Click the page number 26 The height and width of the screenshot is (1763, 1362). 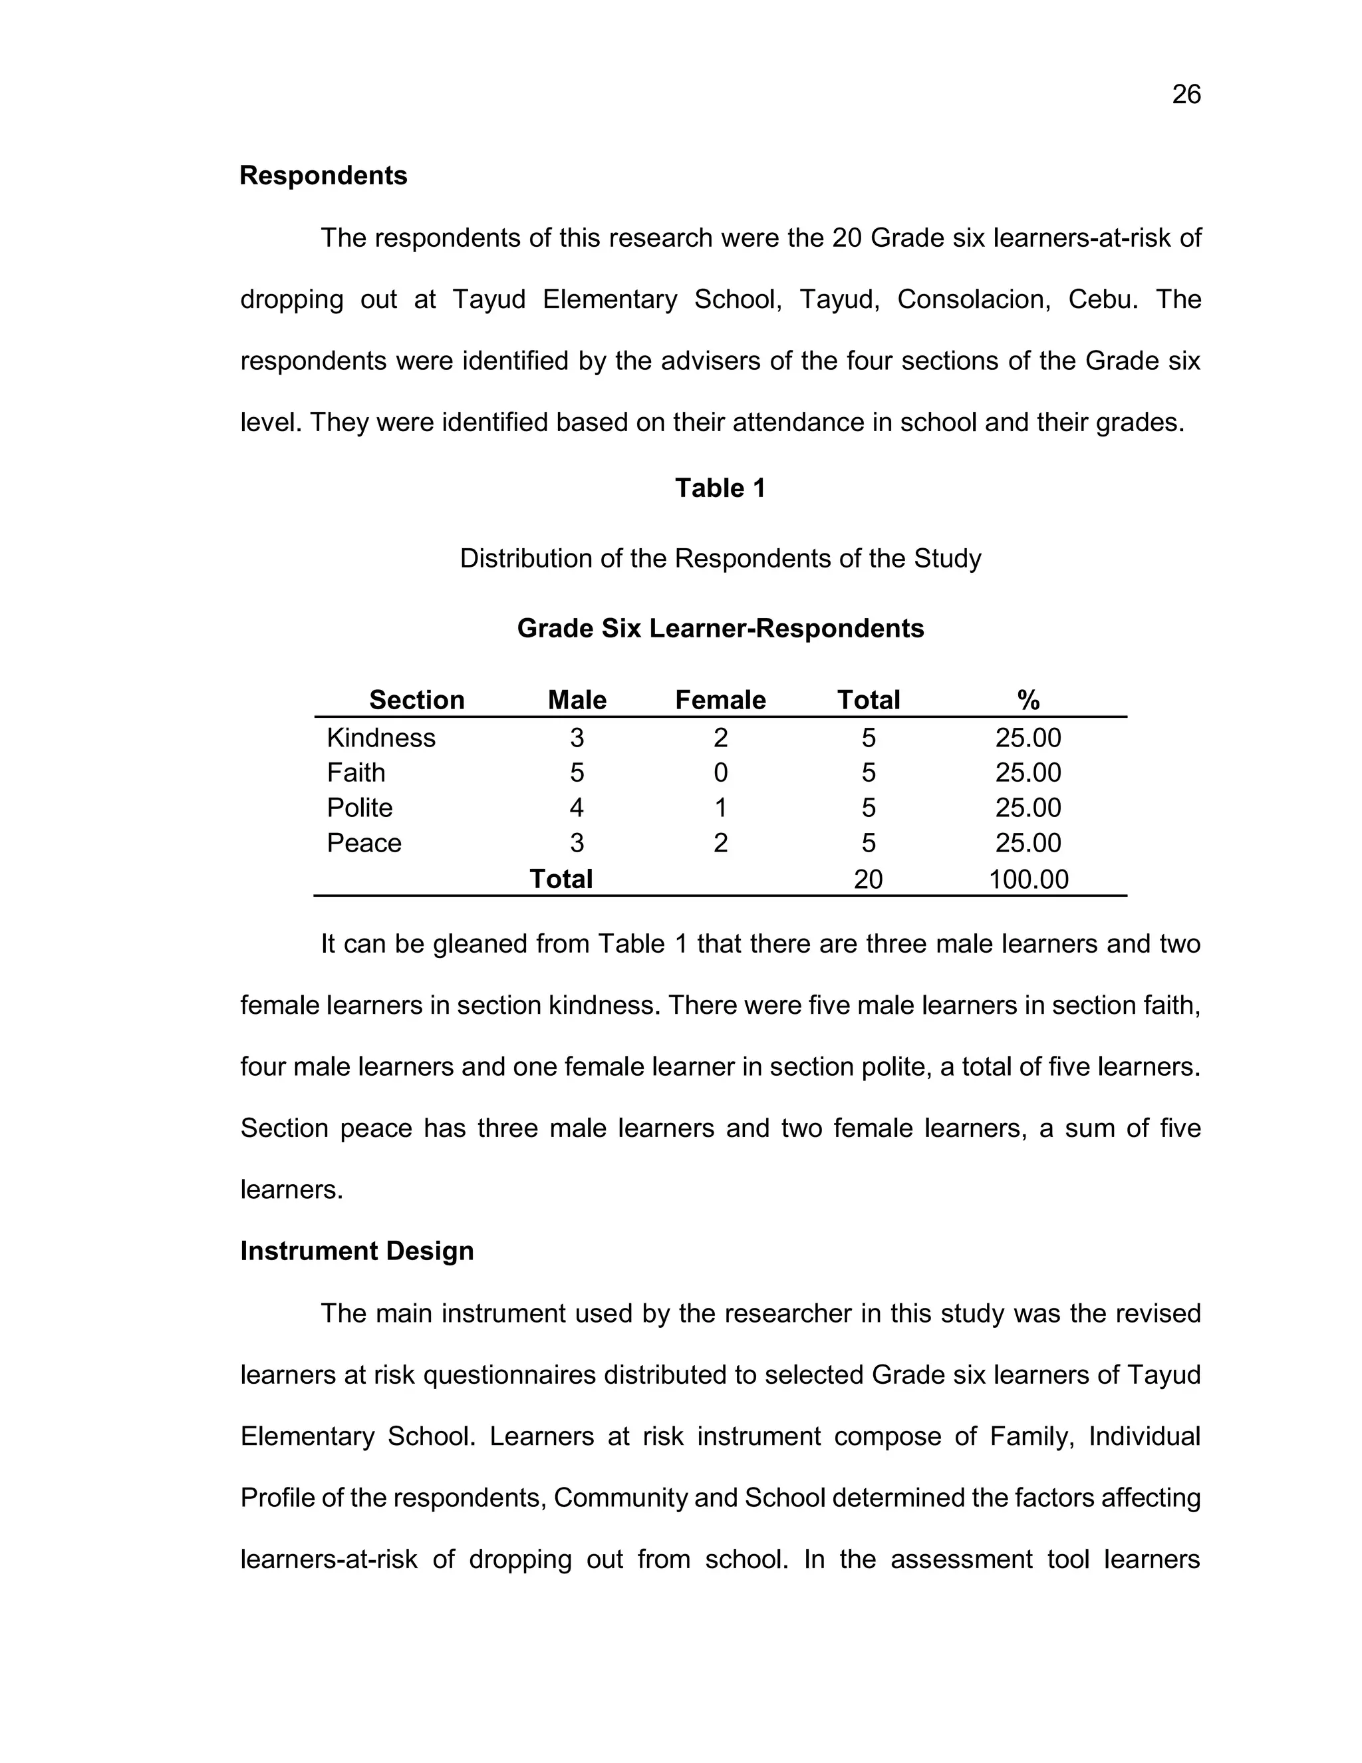1185,95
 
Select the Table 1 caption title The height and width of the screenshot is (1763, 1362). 720,488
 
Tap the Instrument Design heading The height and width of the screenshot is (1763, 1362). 356,1251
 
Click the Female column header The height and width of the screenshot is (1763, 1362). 720,699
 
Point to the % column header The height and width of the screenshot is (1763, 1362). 1028,699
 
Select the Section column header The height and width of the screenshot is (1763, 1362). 416,699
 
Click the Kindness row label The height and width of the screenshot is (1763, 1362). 381,738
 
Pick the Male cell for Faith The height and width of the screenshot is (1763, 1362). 576,772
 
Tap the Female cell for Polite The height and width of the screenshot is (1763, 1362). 720,807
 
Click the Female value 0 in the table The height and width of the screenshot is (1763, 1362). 720,772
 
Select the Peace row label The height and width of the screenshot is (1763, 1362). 364,843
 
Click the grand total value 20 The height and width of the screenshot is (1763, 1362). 868,879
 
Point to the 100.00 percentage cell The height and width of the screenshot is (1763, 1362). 1028,879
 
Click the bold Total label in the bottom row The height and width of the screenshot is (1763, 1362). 561,878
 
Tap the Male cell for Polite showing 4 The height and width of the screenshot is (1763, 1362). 576,807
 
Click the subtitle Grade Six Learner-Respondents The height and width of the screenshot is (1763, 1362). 720,628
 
